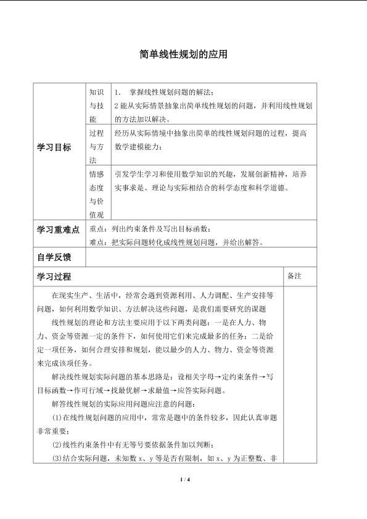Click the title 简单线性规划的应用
pyautogui.click(x=183, y=55)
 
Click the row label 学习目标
pyautogui.click(x=54, y=147)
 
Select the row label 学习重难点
pyautogui.click(x=59, y=230)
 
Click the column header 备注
pyautogui.click(x=294, y=276)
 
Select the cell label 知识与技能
pyautogui.click(x=96, y=104)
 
